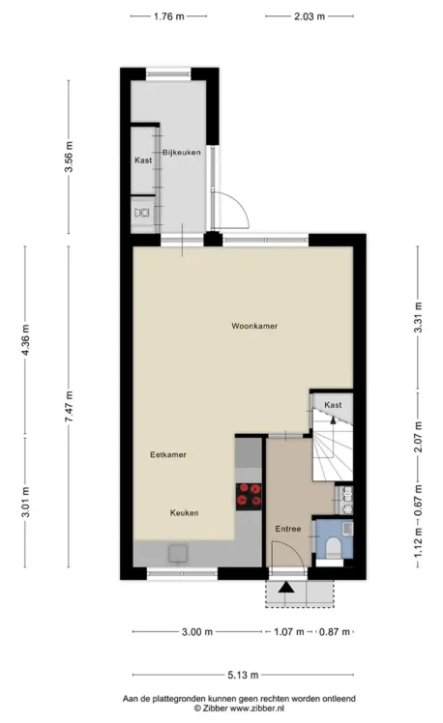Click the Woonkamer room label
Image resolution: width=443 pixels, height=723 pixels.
tap(254, 326)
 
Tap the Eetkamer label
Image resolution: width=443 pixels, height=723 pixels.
tap(168, 454)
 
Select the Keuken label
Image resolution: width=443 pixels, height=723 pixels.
tap(184, 512)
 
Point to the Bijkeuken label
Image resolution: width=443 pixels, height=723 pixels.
tap(181, 152)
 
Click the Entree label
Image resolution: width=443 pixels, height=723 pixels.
tap(288, 529)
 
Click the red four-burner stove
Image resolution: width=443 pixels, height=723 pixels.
tap(249, 496)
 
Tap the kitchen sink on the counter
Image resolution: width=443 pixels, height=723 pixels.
tap(178, 553)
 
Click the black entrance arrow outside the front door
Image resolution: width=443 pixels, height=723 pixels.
tap(286, 588)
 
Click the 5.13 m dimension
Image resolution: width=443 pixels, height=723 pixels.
tap(243, 675)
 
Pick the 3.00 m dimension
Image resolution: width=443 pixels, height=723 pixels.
tap(197, 632)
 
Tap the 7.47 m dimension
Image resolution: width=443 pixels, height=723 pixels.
tap(70, 406)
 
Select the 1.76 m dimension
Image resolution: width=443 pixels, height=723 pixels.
tap(169, 16)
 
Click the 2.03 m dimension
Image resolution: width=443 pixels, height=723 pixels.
tap(310, 16)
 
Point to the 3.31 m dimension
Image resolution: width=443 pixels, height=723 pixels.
tap(418, 317)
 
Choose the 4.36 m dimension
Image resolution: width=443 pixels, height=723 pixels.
tap(25, 340)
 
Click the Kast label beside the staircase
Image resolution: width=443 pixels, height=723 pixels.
tap(333, 405)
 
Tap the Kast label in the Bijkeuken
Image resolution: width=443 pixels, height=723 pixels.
tap(143, 160)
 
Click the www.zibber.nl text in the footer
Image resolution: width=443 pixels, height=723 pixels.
tap(257, 708)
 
